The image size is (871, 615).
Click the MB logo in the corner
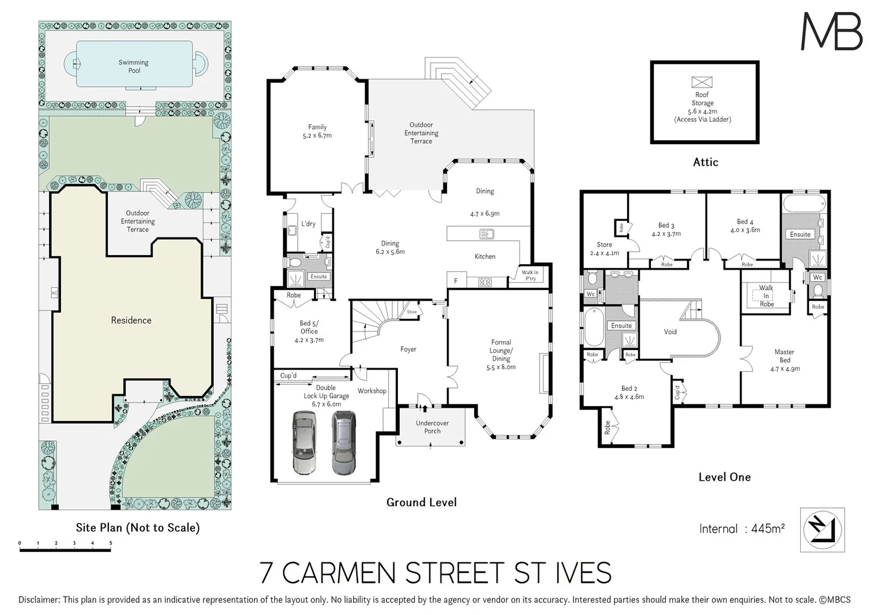pyautogui.click(x=831, y=31)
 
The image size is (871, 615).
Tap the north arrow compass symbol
pyautogui.click(x=822, y=530)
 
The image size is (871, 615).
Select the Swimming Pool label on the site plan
pyautogui.click(x=134, y=67)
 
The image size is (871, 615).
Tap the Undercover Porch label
pyautogui.click(x=432, y=427)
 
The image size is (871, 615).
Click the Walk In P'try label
pyautogui.click(x=530, y=276)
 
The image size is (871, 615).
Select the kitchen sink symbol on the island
pyautogui.click(x=486, y=233)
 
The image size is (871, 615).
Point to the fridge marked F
pyautogui.click(x=456, y=281)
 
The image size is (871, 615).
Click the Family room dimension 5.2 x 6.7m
pyautogui.click(x=318, y=136)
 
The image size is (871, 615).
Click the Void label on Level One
pyautogui.click(x=670, y=331)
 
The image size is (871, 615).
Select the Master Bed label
pyautogui.click(x=784, y=356)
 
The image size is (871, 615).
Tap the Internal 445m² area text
pyautogui.click(x=742, y=528)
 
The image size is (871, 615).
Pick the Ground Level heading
pyautogui.click(x=421, y=502)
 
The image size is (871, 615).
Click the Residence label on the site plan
pyautogui.click(x=131, y=320)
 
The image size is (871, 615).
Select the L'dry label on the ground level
pyautogui.click(x=308, y=224)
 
